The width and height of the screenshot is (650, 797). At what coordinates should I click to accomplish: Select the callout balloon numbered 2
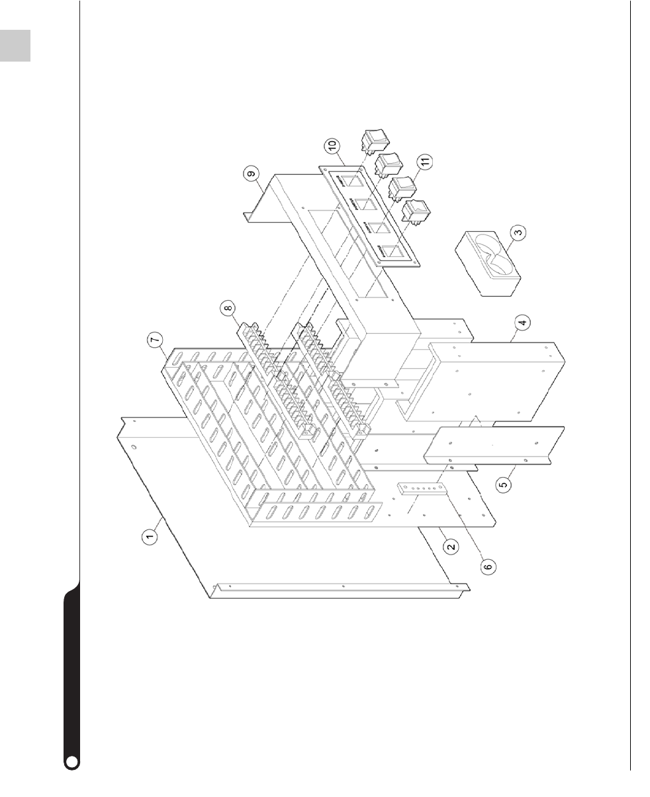(x=450, y=547)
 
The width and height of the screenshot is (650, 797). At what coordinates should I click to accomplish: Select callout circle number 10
(x=330, y=144)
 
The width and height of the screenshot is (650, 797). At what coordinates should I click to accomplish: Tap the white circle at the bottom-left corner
(x=72, y=762)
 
